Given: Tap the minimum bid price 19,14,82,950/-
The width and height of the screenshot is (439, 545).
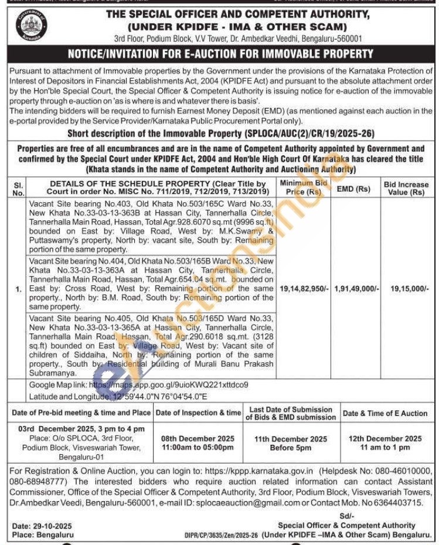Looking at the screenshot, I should click(x=304, y=289).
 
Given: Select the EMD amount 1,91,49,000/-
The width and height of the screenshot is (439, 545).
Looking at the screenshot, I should click(x=357, y=289).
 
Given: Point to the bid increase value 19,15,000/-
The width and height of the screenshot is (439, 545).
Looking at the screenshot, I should click(x=406, y=289).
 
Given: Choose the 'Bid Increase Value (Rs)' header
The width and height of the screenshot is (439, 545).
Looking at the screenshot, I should click(x=406, y=188).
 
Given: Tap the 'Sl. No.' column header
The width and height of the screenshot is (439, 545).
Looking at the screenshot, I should click(x=19, y=188).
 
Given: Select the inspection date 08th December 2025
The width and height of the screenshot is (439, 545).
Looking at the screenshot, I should click(x=198, y=439).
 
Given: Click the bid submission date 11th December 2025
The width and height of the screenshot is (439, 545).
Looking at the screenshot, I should click(x=291, y=439).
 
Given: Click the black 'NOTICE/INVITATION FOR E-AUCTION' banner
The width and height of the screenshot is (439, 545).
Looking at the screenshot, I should click(x=220, y=54).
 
